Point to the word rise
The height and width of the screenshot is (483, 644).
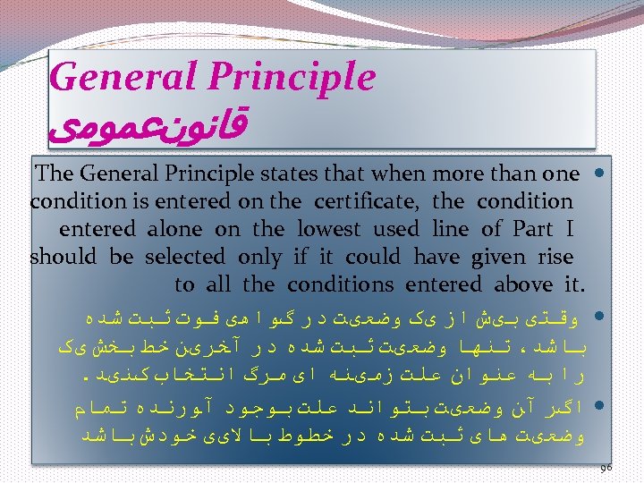[x=555, y=257]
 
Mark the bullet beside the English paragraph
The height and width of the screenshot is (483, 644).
[x=598, y=173]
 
